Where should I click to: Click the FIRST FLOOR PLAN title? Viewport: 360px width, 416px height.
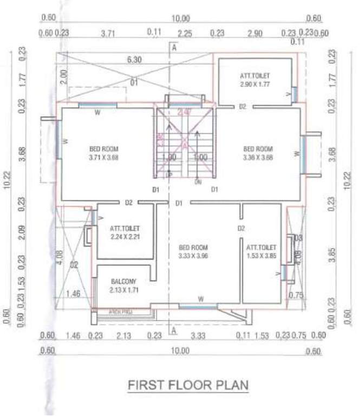[x=188, y=385]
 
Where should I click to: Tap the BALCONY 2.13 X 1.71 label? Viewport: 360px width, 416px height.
[x=124, y=285]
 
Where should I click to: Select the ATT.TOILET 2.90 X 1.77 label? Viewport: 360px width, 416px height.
[x=256, y=81]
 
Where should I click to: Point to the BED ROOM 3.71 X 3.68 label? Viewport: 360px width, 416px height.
[x=104, y=153]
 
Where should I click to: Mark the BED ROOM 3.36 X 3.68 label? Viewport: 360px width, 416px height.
[x=258, y=153]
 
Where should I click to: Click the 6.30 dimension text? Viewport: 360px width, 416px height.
[x=134, y=60]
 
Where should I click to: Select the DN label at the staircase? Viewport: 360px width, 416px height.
[x=198, y=183]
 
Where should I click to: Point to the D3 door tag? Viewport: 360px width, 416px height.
[x=298, y=238]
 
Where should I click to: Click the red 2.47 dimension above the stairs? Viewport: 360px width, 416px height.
[x=185, y=113]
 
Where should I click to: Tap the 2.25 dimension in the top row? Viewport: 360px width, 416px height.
[x=185, y=34]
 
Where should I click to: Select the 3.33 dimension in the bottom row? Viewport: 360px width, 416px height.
[x=198, y=336]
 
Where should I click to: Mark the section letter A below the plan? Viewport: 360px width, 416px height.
[x=174, y=329]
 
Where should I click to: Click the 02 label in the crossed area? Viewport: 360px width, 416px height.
[x=74, y=265]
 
